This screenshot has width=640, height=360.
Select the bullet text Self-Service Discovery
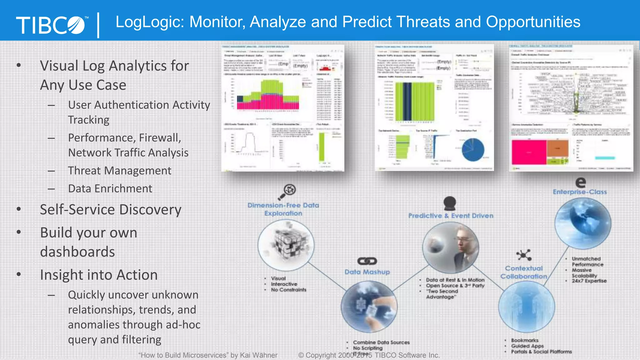pos(111,210)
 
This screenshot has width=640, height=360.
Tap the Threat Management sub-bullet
pos(120,171)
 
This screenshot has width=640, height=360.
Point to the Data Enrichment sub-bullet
pos(110,189)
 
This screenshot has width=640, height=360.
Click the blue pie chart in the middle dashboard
pos(473,149)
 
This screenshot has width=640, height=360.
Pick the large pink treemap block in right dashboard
pos(529,152)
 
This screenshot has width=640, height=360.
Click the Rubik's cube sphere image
pos(286,244)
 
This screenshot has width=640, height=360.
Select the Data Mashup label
pos(367,272)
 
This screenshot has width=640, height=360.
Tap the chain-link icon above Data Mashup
pos(367,261)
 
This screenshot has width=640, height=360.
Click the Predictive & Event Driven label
pos(451,216)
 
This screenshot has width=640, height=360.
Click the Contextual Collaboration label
pos(524,272)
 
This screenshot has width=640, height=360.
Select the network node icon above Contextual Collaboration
pos(524,255)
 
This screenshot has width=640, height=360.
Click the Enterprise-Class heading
pos(580,192)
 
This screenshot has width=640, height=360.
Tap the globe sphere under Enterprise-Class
pos(582,223)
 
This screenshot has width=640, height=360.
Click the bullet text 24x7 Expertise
pos(589,281)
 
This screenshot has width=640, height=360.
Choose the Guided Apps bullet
pos(527,346)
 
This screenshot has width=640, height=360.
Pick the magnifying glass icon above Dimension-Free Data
pos(287,192)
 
